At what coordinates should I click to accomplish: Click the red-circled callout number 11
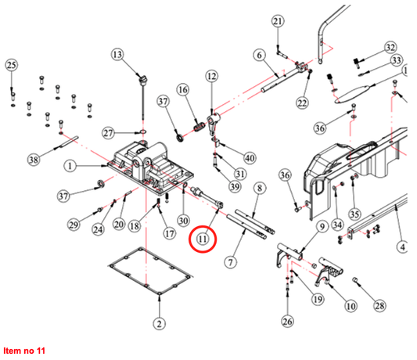tap(203, 239)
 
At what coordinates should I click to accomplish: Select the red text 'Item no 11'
tap(24, 351)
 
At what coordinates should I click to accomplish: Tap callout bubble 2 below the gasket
tap(160, 323)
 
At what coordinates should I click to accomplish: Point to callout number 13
tap(117, 55)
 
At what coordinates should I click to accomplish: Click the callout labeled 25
tap(12, 65)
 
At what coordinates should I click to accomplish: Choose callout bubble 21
tap(278, 21)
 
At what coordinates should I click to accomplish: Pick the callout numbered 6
tap(259, 55)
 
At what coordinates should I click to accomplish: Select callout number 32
tap(390, 48)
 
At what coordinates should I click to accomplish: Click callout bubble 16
tap(183, 90)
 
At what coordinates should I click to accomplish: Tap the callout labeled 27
tap(108, 133)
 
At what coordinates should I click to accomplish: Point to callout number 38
tap(34, 160)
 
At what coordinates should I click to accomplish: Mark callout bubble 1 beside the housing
tap(70, 166)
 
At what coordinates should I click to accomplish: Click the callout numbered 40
tap(250, 158)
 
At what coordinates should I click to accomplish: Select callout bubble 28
tap(379, 305)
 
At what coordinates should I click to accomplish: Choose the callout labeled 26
tap(287, 321)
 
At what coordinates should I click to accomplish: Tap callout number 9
tap(322, 227)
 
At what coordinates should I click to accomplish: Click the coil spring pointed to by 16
tap(200, 126)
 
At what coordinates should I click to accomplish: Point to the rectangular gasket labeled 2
tap(150, 271)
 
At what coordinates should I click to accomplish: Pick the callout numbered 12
tap(212, 77)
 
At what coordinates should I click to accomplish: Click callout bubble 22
tap(302, 103)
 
